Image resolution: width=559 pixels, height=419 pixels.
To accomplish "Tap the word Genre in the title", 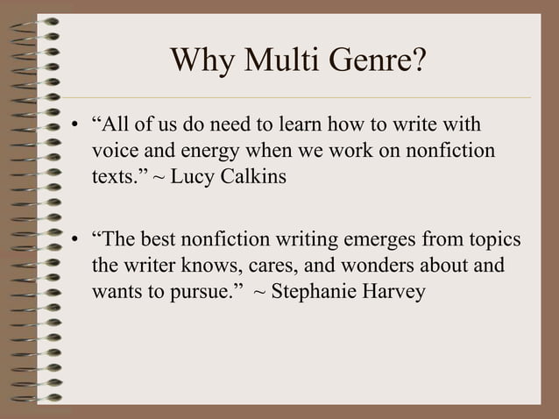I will click(x=378, y=62).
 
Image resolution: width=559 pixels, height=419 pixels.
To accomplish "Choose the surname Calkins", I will click(x=251, y=177).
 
